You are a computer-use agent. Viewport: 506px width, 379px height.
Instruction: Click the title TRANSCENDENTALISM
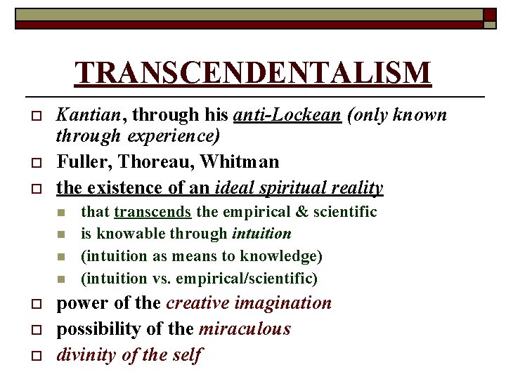pyautogui.click(x=253, y=72)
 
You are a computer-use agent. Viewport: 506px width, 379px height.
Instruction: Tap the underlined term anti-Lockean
pyautogui.click(x=287, y=114)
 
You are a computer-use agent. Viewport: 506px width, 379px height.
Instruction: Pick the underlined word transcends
pyautogui.click(x=153, y=212)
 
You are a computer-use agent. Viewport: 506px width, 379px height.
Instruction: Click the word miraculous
pyautogui.click(x=245, y=329)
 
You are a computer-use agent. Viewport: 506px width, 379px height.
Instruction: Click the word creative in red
pyautogui.click(x=198, y=303)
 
